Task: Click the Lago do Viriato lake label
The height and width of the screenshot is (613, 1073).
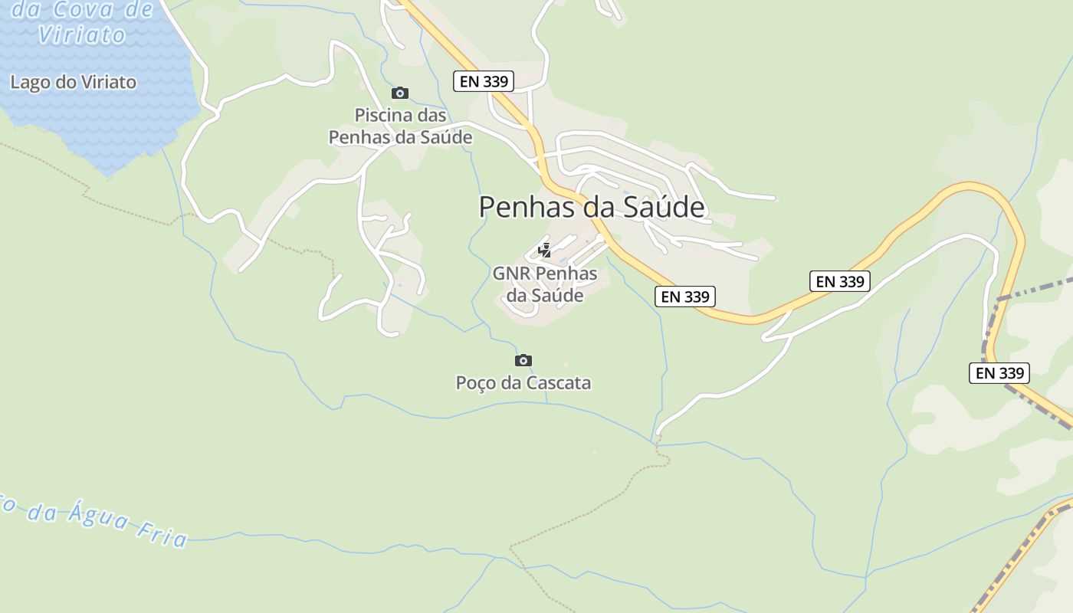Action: pyautogui.click(x=73, y=82)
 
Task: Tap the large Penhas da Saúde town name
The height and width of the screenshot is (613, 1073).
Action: pyautogui.click(x=591, y=207)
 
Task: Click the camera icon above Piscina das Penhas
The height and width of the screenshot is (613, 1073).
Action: pyautogui.click(x=399, y=93)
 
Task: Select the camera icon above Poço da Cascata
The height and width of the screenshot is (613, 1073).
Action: pyautogui.click(x=523, y=360)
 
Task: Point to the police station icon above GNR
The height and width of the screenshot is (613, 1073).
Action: pyautogui.click(x=544, y=250)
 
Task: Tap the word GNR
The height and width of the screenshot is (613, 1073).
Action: pyautogui.click(x=511, y=274)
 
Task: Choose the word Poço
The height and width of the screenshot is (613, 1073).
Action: pyautogui.click(x=476, y=382)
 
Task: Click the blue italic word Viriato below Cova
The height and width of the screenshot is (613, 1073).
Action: pyautogui.click(x=81, y=34)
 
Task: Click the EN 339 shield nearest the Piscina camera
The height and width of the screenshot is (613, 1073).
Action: pyautogui.click(x=483, y=81)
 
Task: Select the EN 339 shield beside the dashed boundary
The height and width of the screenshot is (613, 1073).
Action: pyautogui.click(x=999, y=373)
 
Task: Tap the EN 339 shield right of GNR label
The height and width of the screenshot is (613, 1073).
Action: pyautogui.click(x=685, y=297)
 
